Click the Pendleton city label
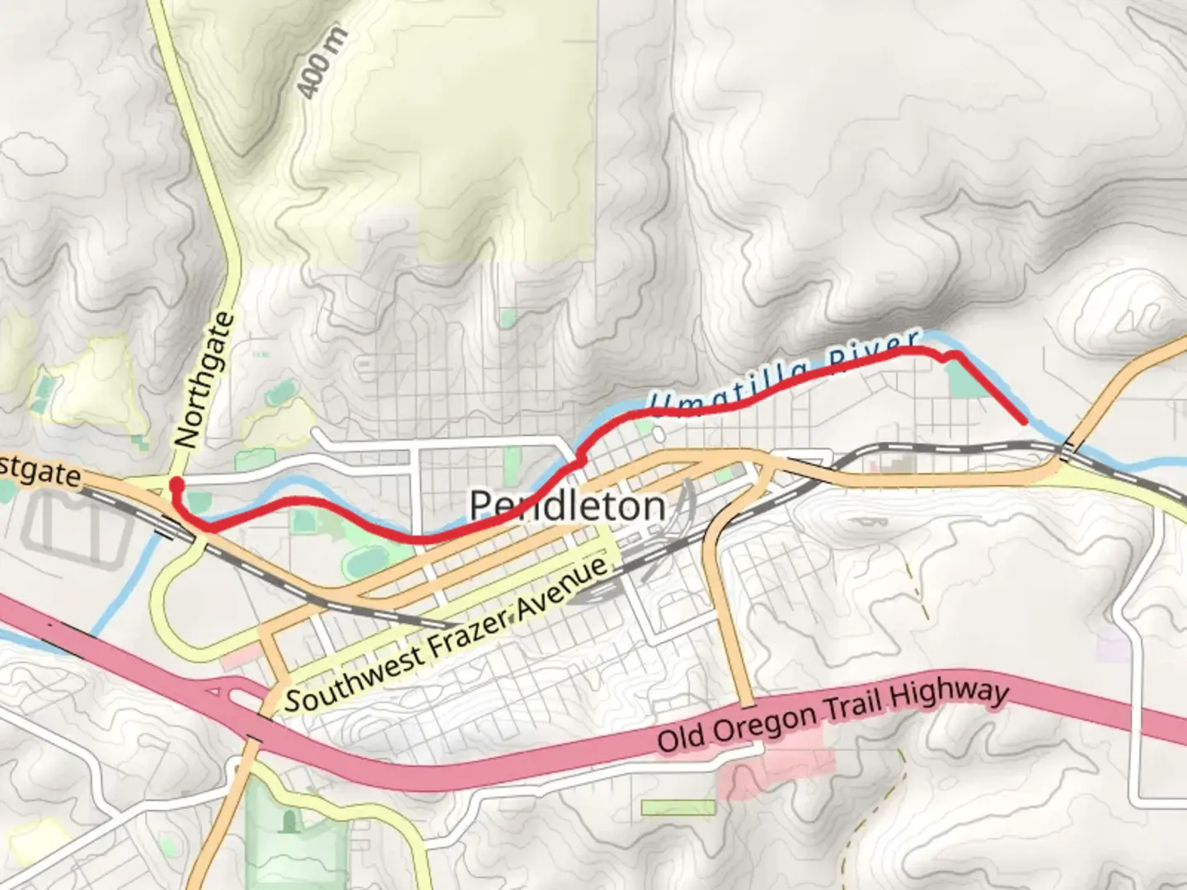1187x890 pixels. [x=567, y=504]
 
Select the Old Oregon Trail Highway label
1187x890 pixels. [x=833, y=716]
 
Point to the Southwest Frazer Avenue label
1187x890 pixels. [x=450, y=635]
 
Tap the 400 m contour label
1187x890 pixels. [x=323, y=63]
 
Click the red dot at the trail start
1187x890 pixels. [x=176, y=484]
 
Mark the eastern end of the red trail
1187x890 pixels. [x=1025, y=422]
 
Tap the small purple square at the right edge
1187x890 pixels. [x=1113, y=642]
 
